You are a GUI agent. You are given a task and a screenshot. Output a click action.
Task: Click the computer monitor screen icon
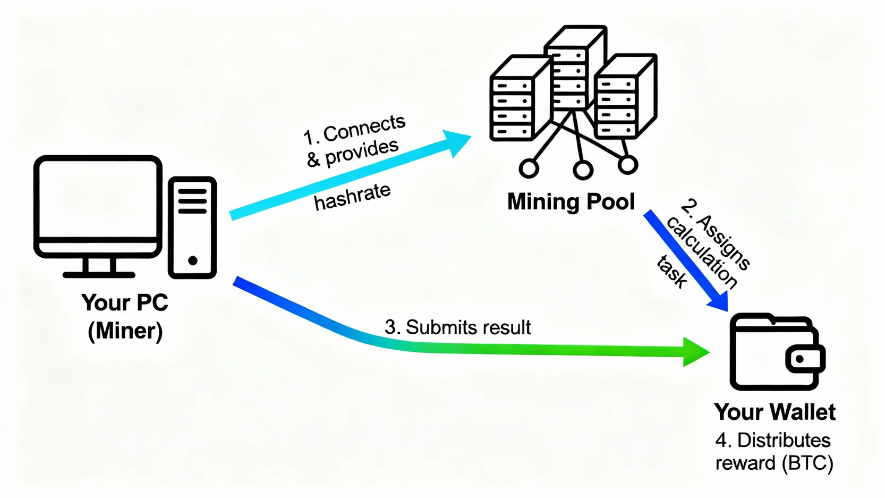pyautogui.click(x=98, y=205)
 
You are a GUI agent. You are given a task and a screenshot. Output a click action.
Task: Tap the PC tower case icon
pyautogui.click(x=192, y=227)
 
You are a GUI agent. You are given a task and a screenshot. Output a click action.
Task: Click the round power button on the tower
pyautogui.click(x=193, y=260)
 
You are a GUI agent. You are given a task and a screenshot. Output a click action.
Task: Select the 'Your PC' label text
pyautogui.click(x=125, y=302)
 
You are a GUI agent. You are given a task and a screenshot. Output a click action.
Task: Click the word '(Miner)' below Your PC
pyautogui.click(x=125, y=331)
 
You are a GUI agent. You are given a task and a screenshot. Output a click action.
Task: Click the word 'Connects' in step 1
pyautogui.click(x=364, y=128)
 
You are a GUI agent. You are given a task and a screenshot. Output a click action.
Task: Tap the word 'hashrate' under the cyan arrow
pyautogui.click(x=352, y=197)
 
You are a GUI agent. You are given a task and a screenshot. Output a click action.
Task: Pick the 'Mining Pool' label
pyautogui.click(x=571, y=202)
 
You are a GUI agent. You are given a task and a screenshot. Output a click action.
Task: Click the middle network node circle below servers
pyautogui.click(x=583, y=170)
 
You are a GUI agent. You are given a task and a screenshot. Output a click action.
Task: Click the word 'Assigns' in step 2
pyautogui.click(x=724, y=242)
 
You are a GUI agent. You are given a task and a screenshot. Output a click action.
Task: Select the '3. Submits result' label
pyautogui.click(x=457, y=327)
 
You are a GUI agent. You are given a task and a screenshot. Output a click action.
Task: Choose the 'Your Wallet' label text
pyautogui.click(x=775, y=412)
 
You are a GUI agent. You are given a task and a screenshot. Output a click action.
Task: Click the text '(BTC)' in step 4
pyautogui.click(x=807, y=463)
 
